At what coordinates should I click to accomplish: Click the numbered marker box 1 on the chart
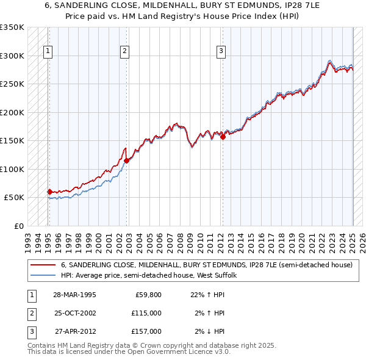pos(48,52)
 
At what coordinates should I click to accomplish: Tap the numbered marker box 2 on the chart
pos(124,52)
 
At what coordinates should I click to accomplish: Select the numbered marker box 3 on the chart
pos(221,52)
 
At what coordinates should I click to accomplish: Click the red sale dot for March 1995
pos(49,192)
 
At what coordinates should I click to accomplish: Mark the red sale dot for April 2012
pos(223,137)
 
